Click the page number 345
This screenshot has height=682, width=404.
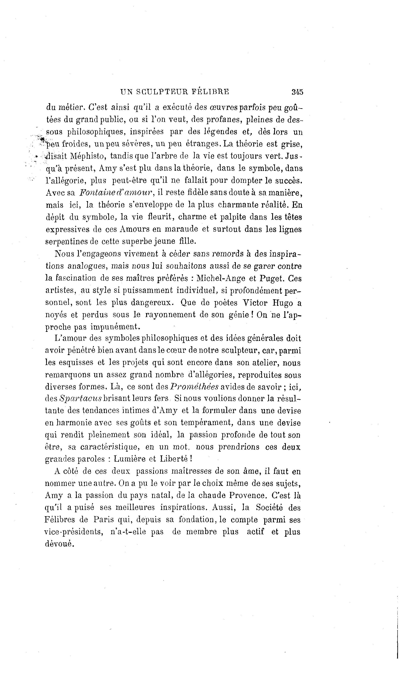tap(297, 92)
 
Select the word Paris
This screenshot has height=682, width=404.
tap(103, 520)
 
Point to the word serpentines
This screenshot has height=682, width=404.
tap(69, 242)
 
